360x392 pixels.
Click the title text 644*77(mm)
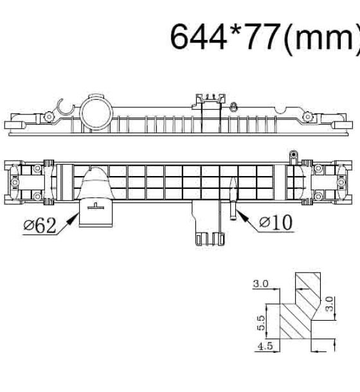265,37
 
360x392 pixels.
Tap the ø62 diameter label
40,226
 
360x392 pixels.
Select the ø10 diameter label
276,222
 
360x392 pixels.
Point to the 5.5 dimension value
261,323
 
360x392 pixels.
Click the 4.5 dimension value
265,346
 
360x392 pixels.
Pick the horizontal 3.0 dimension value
261,283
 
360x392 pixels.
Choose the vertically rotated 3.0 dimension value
330,304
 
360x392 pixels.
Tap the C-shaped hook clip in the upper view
66,107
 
